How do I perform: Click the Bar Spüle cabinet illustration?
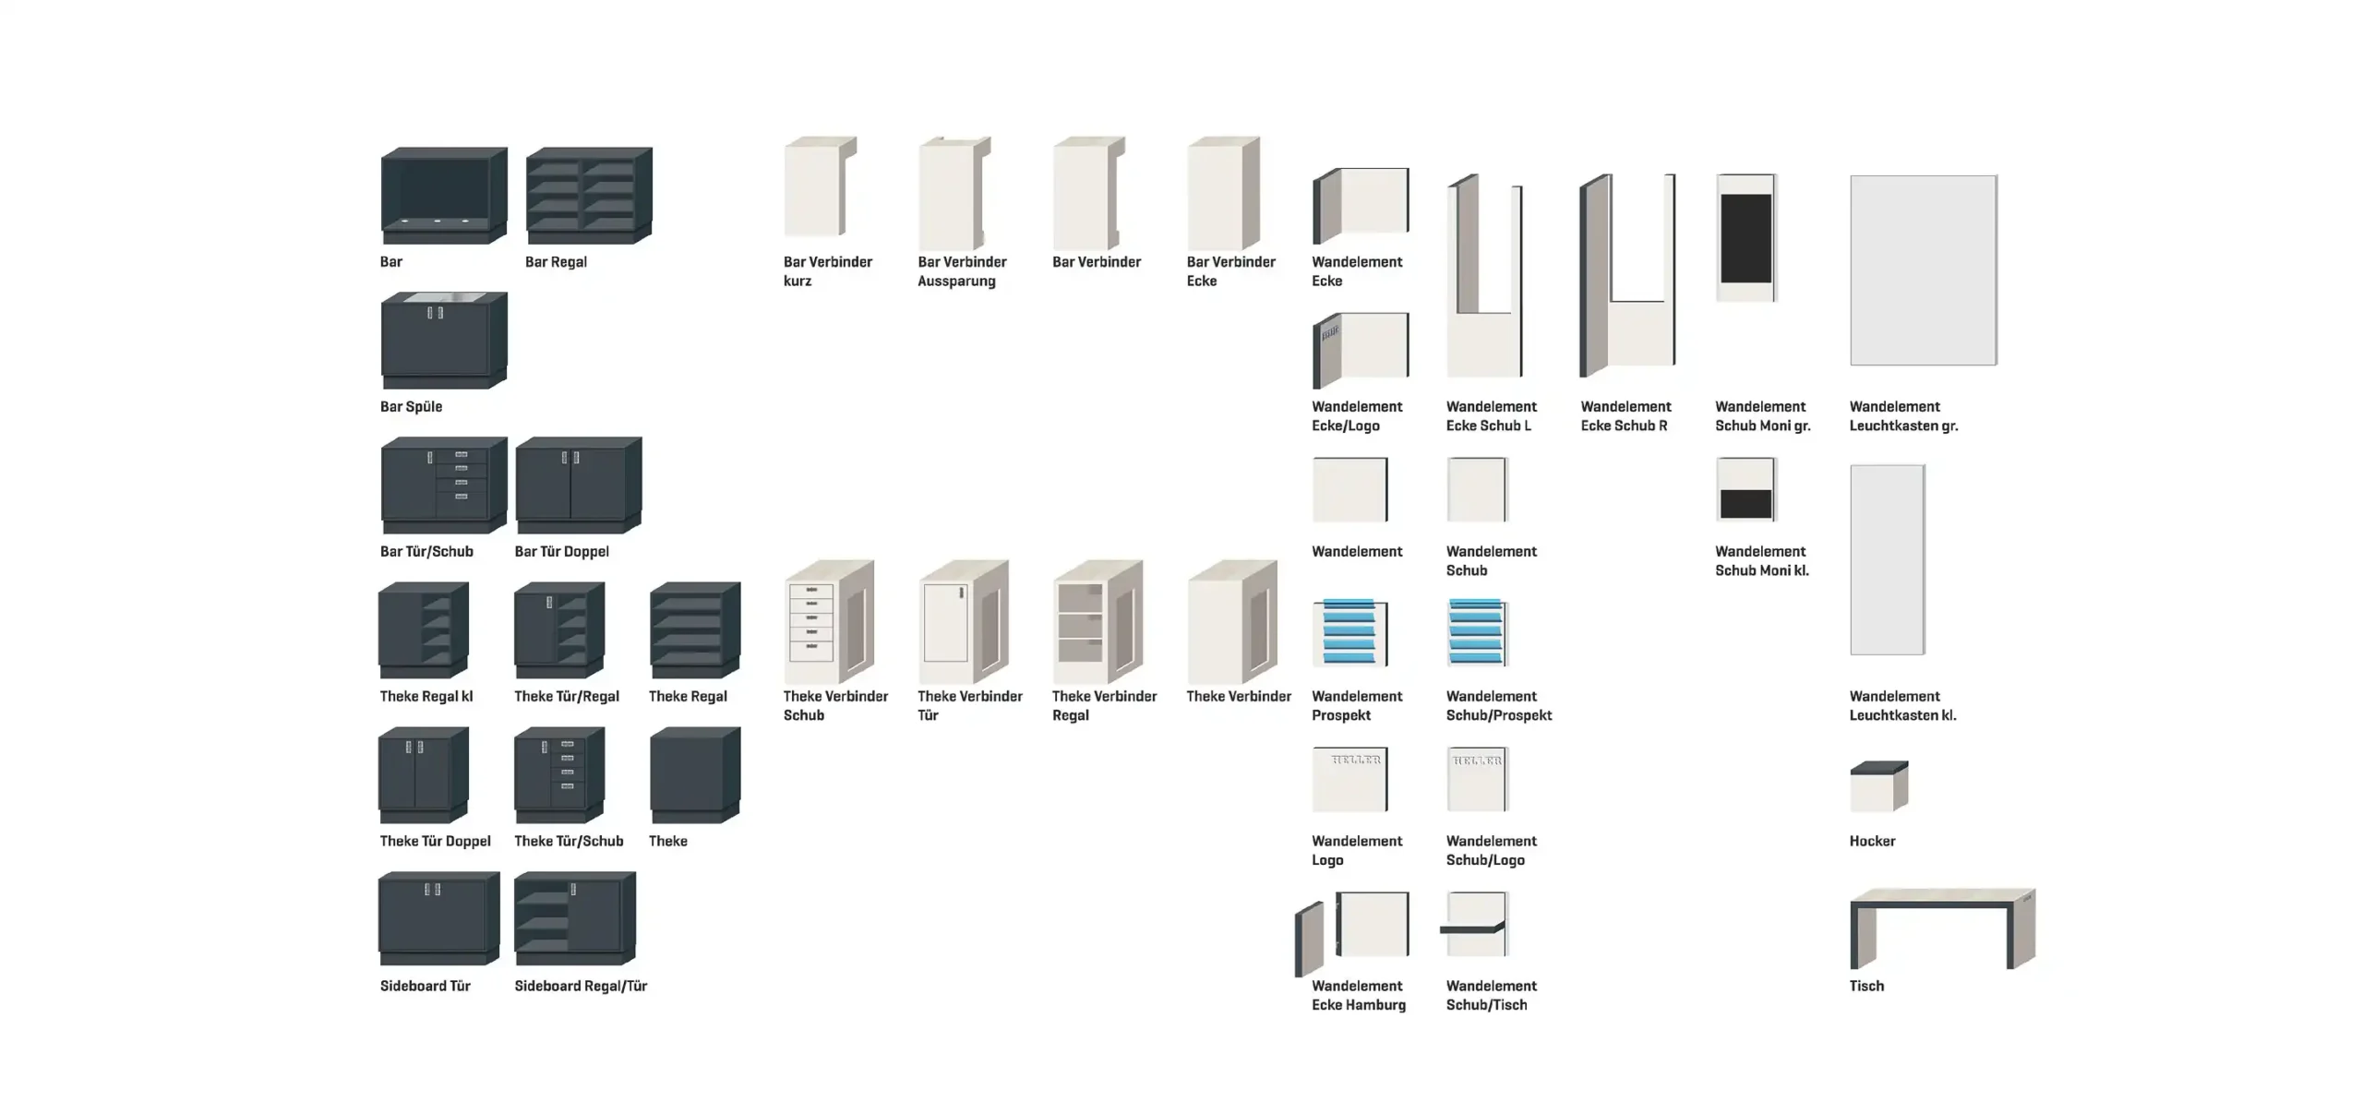pos(443,340)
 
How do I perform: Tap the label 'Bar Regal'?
pos(556,262)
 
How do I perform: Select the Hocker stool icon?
pos(1878,786)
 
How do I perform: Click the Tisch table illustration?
pos(1942,928)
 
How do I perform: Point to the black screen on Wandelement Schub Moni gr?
pos(1745,238)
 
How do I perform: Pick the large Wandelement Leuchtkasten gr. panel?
pos(1923,270)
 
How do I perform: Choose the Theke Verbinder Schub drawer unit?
pos(828,622)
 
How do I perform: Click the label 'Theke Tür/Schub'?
pos(569,841)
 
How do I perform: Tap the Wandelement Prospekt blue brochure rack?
pos(1349,632)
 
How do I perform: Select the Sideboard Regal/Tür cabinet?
pos(574,918)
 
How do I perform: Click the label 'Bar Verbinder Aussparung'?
pos(962,271)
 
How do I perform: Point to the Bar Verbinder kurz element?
pos(820,186)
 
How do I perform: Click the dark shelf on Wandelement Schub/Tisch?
pos(1472,928)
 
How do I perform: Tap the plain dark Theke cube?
pos(694,774)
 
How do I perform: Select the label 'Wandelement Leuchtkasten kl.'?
pos(1902,706)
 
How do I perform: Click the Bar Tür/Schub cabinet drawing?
pos(443,485)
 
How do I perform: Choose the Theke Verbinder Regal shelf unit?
pos(1097,622)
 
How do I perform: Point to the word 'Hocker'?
pos(1872,841)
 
